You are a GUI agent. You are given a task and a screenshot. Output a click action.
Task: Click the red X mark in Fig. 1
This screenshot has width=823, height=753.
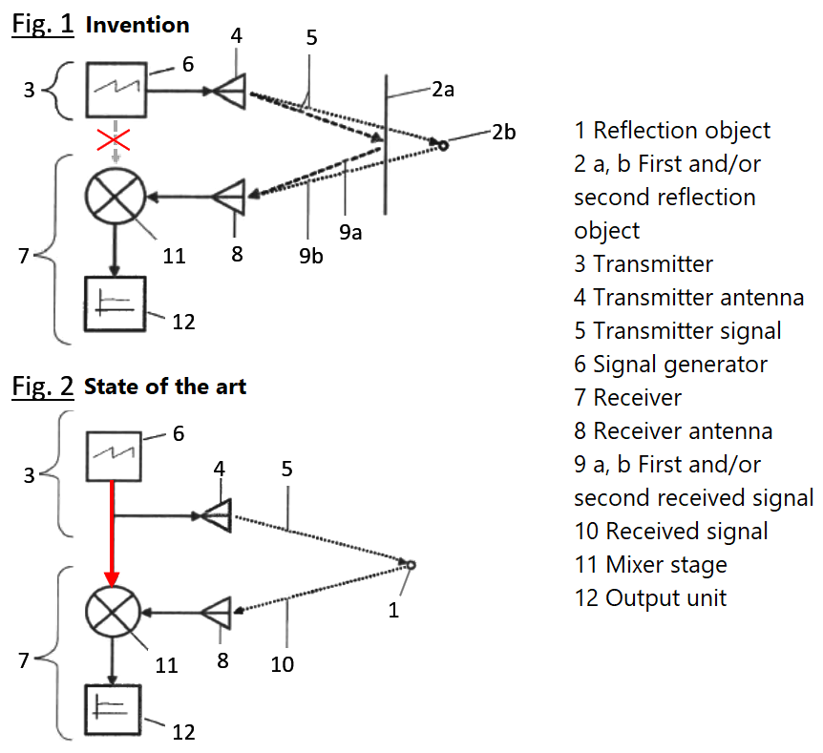115,141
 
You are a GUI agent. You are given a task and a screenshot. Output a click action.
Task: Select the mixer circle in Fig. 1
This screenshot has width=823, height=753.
115,197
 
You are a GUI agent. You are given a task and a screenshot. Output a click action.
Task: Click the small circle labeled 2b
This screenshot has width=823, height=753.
442,145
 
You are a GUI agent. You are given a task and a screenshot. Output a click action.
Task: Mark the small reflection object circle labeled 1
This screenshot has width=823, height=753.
411,566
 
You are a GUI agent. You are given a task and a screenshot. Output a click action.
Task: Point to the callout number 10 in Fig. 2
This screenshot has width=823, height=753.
283,663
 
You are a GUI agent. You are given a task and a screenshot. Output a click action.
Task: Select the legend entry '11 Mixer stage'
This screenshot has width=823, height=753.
650,564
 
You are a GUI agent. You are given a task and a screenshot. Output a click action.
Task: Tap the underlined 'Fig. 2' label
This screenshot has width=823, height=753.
42,386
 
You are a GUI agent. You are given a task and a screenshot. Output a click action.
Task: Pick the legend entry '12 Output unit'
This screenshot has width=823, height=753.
650,597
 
